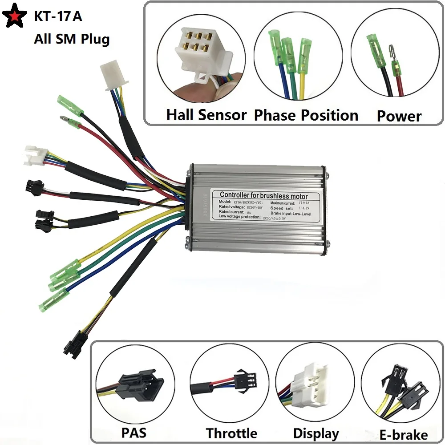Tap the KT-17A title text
click(x=58, y=17)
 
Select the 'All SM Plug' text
click(x=72, y=39)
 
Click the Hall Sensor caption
click(x=206, y=115)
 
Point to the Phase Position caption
click(x=306, y=115)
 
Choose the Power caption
click(x=399, y=116)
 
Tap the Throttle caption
click(x=231, y=433)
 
